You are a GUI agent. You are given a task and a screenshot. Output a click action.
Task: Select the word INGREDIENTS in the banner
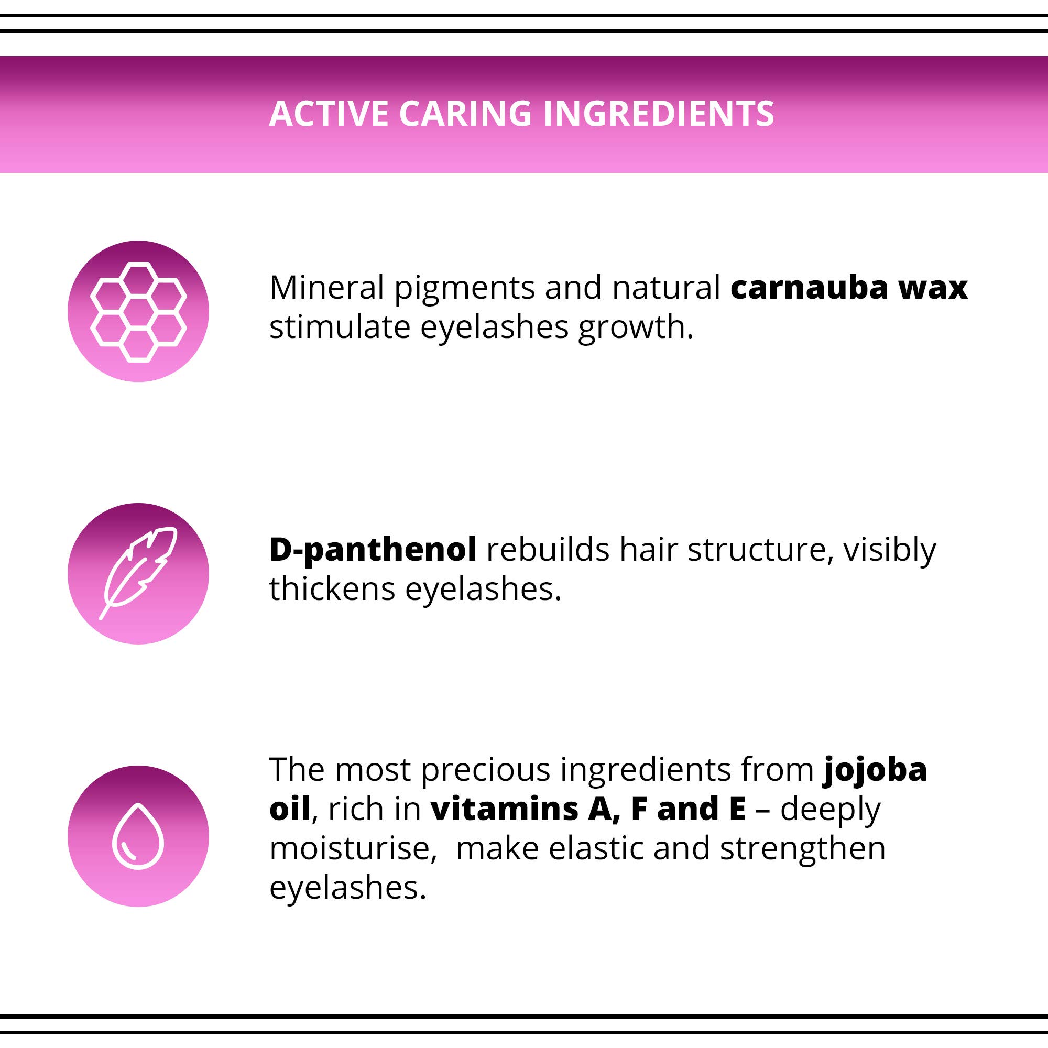658,113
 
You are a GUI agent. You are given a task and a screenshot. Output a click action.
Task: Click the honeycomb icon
138,312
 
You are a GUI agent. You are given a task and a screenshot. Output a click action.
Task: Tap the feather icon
138,573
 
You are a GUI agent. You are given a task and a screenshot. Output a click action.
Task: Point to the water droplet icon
138,836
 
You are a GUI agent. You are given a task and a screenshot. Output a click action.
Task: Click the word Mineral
326,287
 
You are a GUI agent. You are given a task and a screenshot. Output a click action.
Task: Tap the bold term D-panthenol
373,550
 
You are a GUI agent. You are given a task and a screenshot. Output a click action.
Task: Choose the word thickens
332,588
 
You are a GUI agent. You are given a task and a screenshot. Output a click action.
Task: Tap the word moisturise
353,848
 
